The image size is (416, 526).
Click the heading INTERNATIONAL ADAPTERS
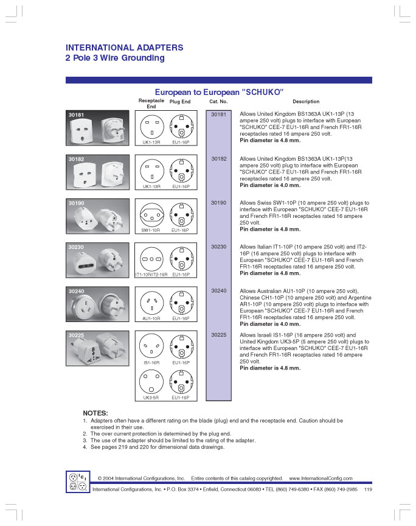pos(124,47)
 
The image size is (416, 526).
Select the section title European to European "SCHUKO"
pos(220,91)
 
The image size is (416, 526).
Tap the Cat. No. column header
pos(218,102)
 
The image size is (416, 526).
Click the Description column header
pos(305,102)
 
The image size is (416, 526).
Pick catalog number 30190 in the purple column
pos(219,203)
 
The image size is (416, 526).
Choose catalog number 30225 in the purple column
pos(219,335)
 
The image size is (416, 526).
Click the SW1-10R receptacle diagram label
pos(151,231)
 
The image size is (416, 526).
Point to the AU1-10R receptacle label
pos(151,318)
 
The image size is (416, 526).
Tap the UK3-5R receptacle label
pos(151,398)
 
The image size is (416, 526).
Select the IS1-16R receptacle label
pos(151,362)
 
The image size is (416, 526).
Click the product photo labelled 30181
pos(97,128)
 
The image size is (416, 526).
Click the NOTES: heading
pos(95,413)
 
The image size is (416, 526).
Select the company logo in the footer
pos(77,482)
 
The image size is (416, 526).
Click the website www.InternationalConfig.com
pos(321,479)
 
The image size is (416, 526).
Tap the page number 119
pos(369,489)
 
